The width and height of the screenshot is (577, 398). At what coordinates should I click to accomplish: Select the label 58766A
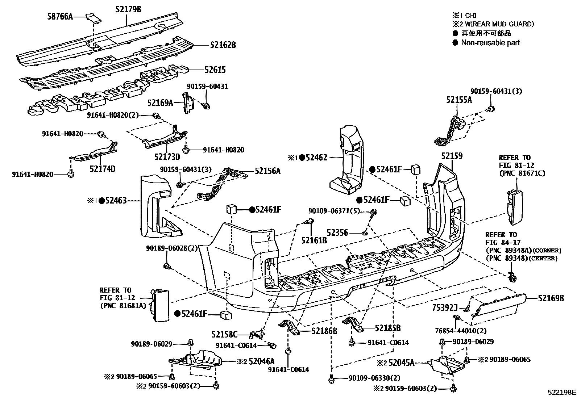point(60,16)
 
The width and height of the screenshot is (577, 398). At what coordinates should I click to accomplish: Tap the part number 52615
point(215,70)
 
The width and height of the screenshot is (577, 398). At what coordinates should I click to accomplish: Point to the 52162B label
point(223,45)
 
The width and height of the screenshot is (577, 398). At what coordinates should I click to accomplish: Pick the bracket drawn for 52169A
point(188,103)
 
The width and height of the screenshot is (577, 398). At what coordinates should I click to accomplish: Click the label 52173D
point(167,157)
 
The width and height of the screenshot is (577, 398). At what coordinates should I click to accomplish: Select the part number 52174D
point(103,169)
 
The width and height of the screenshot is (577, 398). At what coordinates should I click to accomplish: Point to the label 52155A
point(459,100)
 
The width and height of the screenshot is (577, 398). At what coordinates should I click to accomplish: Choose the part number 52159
point(452,156)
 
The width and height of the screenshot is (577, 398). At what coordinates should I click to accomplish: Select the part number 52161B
point(314,239)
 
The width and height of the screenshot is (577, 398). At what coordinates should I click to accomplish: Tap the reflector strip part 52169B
point(500,305)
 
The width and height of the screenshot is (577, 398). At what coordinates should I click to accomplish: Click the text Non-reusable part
point(490,43)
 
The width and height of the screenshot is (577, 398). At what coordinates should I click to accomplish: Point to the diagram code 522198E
point(562,392)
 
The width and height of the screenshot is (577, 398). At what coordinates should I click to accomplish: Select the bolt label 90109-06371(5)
point(334,211)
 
